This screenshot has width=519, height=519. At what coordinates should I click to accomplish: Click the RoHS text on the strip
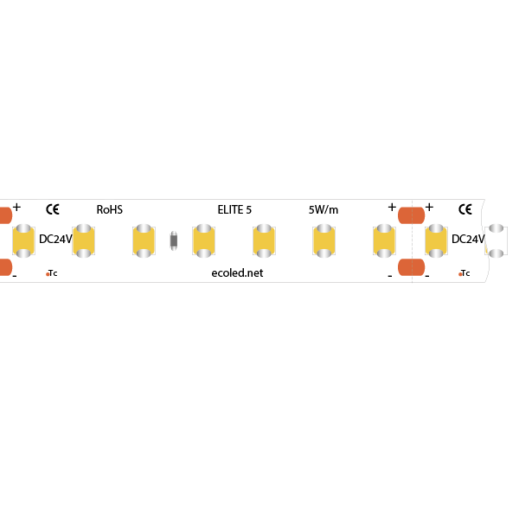tap(110, 209)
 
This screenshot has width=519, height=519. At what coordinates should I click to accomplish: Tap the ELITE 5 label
tap(234, 209)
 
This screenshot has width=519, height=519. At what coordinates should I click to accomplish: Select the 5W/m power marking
tap(324, 209)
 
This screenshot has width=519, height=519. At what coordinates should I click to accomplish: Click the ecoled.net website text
tap(237, 273)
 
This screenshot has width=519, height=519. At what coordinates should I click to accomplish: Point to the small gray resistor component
tap(174, 240)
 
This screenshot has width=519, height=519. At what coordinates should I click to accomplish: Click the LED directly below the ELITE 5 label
tap(264, 240)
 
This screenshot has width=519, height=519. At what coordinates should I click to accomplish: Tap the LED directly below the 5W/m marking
tap(324, 240)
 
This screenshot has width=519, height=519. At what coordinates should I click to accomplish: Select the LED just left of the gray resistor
tap(144, 240)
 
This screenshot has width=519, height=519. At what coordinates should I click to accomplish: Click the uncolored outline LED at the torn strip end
tap(496, 240)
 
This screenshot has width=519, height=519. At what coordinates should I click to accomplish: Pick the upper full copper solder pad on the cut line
tap(412, 215)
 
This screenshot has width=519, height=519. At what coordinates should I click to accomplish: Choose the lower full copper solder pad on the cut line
tap(412, 267)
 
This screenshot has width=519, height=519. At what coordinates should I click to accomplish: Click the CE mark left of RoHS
tap(53, 209)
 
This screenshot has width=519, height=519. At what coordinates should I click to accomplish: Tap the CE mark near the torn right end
tap(465, 209)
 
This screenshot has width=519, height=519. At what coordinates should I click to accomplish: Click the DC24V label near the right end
tap(468, 239)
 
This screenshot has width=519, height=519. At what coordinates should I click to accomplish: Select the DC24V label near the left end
tap(55, 239)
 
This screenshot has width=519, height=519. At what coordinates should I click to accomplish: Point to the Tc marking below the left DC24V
tap(52, 273)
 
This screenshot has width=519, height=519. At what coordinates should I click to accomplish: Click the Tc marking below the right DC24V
tap(464, 273)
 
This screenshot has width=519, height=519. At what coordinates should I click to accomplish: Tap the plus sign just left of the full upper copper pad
tap(392, 208)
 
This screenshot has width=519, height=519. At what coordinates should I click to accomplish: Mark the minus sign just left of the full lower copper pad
tap(390, 275)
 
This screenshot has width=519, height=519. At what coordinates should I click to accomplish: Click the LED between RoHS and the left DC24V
tap(83, 240)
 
